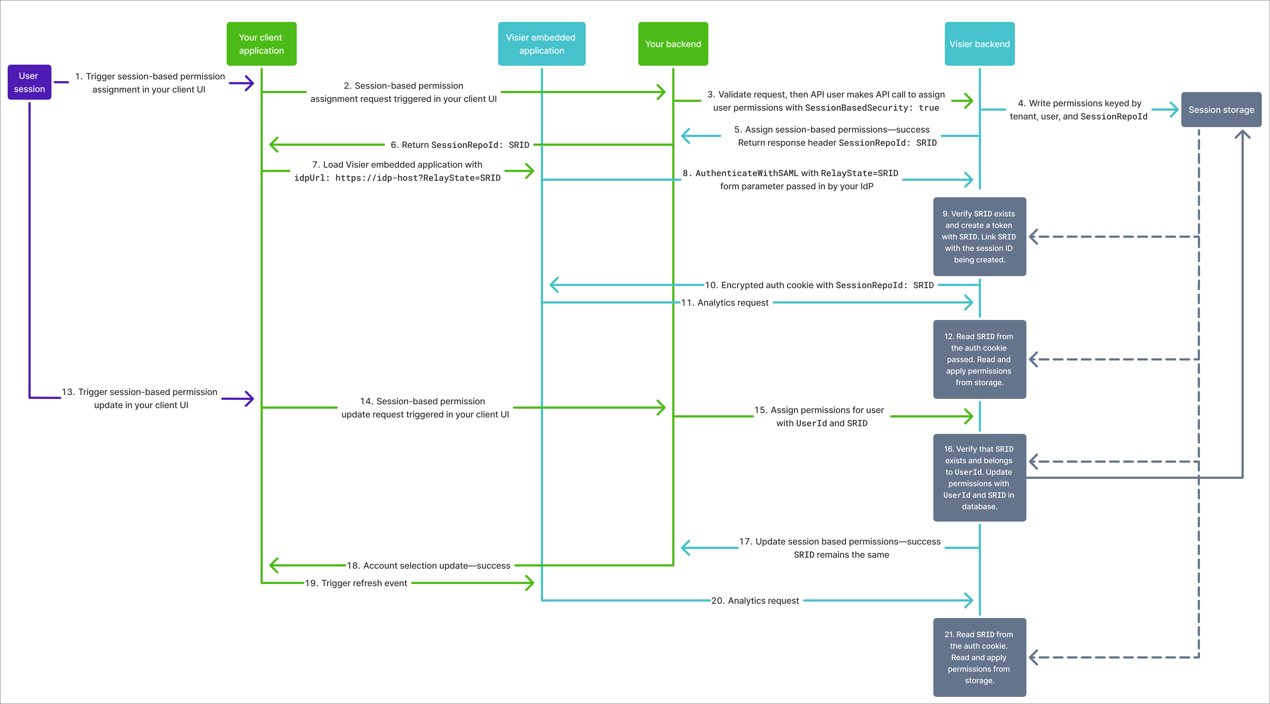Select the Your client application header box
pos(261,44)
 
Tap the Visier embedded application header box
pos(541,44)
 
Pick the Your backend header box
pos(673,44)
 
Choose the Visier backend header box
pos(979,44)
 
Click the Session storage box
pos(1221,110)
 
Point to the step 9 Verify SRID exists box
pos(979,237)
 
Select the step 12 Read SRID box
pos(979,359)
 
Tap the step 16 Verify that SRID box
pos(979,477)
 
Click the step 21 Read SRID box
pos(979,657)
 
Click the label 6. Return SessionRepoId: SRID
pos(460,145)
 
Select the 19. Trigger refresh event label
pos(356,583)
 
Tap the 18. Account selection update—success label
pos(428,565)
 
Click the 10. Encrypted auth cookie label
pos(819,285)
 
